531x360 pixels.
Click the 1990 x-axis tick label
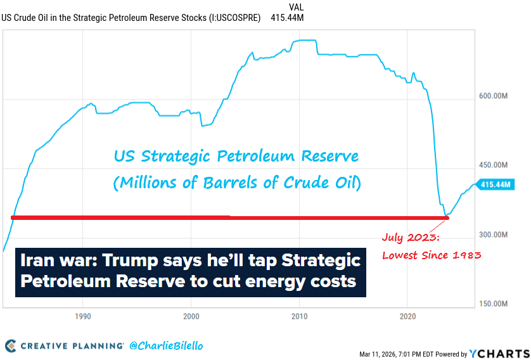tap(82, 316)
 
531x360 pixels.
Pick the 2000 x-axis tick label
tap(191, 316)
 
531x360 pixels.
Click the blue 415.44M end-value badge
tap(496, 184)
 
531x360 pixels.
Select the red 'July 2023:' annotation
tap(410, 238)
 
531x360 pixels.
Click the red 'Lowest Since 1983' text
tap(432, 255)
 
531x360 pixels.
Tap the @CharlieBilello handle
tap(166, 346)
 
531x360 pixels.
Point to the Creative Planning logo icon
tap(11, 346)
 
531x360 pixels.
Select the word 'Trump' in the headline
tap(134, 260)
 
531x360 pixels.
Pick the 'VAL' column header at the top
tap(295, 7)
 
